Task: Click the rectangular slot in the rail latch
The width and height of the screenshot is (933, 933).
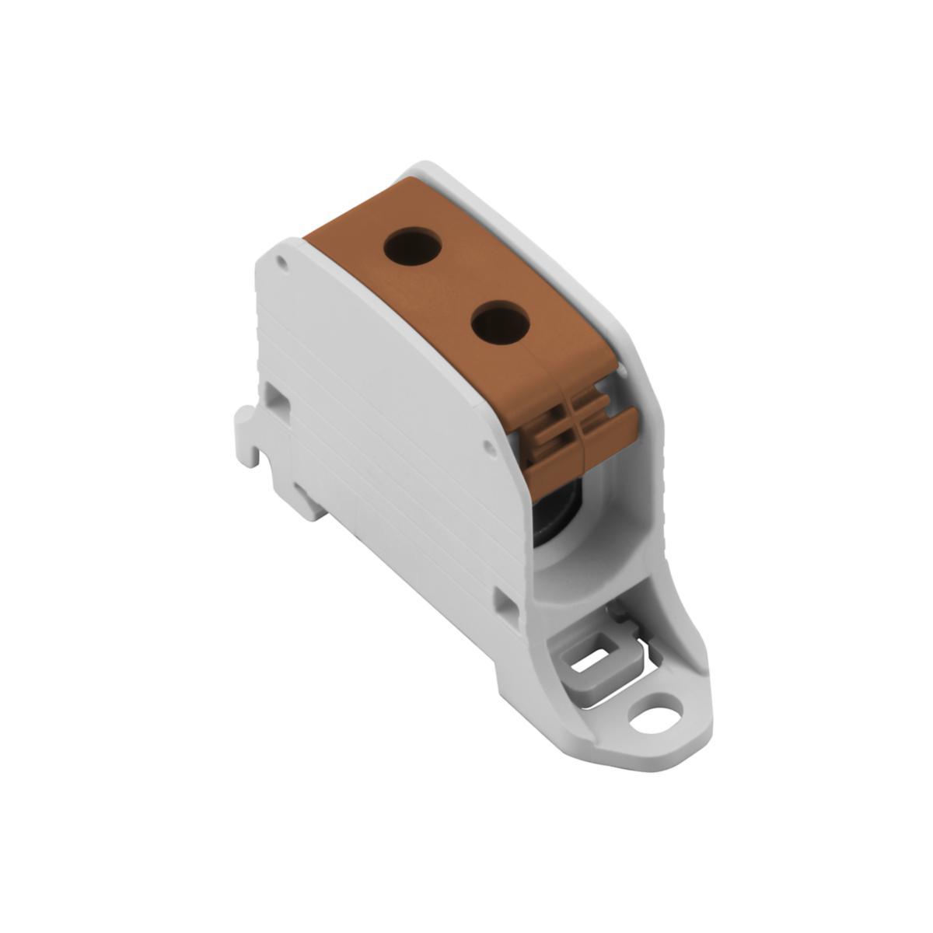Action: [x=594, y=662]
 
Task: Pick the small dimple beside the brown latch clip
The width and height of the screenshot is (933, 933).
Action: [x=488, y=447]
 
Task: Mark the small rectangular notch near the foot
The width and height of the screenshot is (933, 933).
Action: [x=506, y=606]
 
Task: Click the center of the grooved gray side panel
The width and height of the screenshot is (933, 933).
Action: [x=389, y=435]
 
